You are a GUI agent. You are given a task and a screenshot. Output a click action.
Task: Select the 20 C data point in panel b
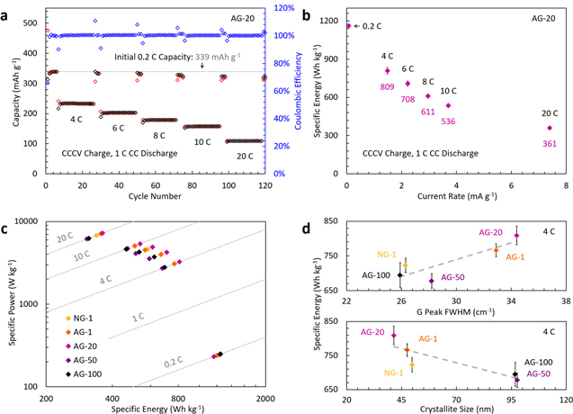(550, 128)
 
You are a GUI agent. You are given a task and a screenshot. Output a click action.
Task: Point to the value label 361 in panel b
(550, 144)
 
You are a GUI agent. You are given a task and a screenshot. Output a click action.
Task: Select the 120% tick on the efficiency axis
(281, 8)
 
